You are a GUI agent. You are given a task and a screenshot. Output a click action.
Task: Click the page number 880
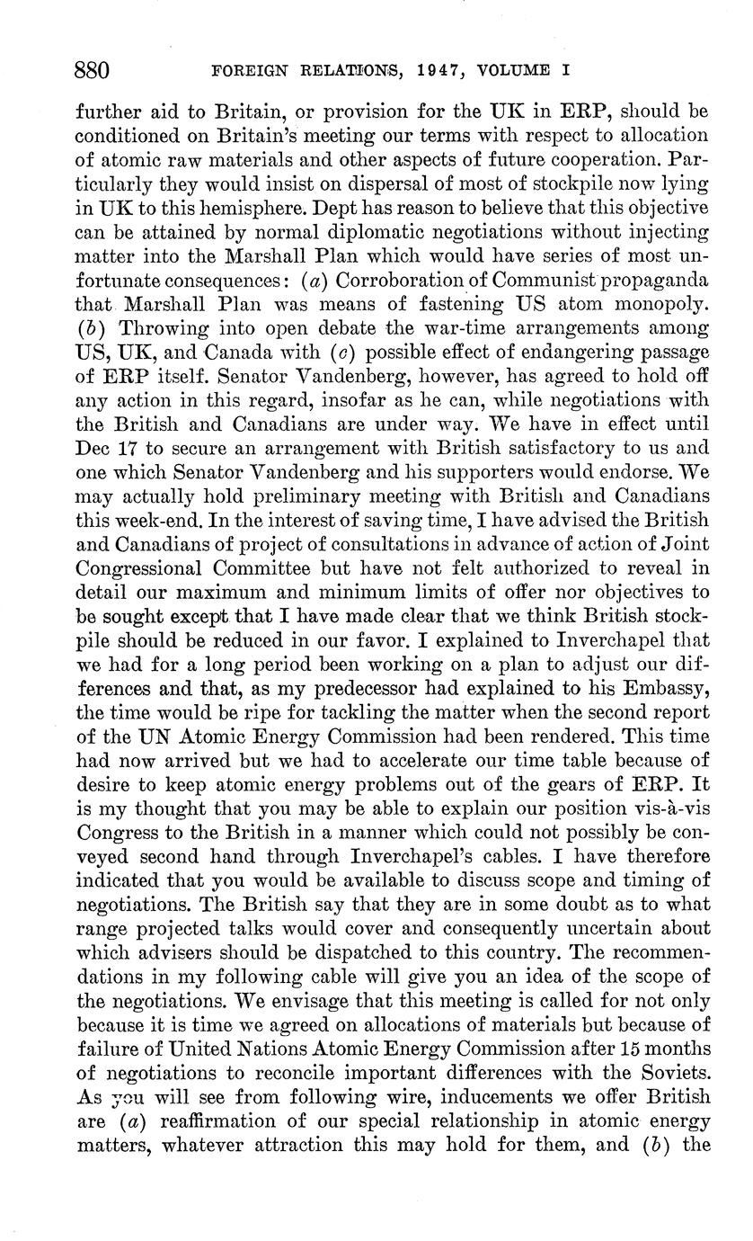pos(92,70)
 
